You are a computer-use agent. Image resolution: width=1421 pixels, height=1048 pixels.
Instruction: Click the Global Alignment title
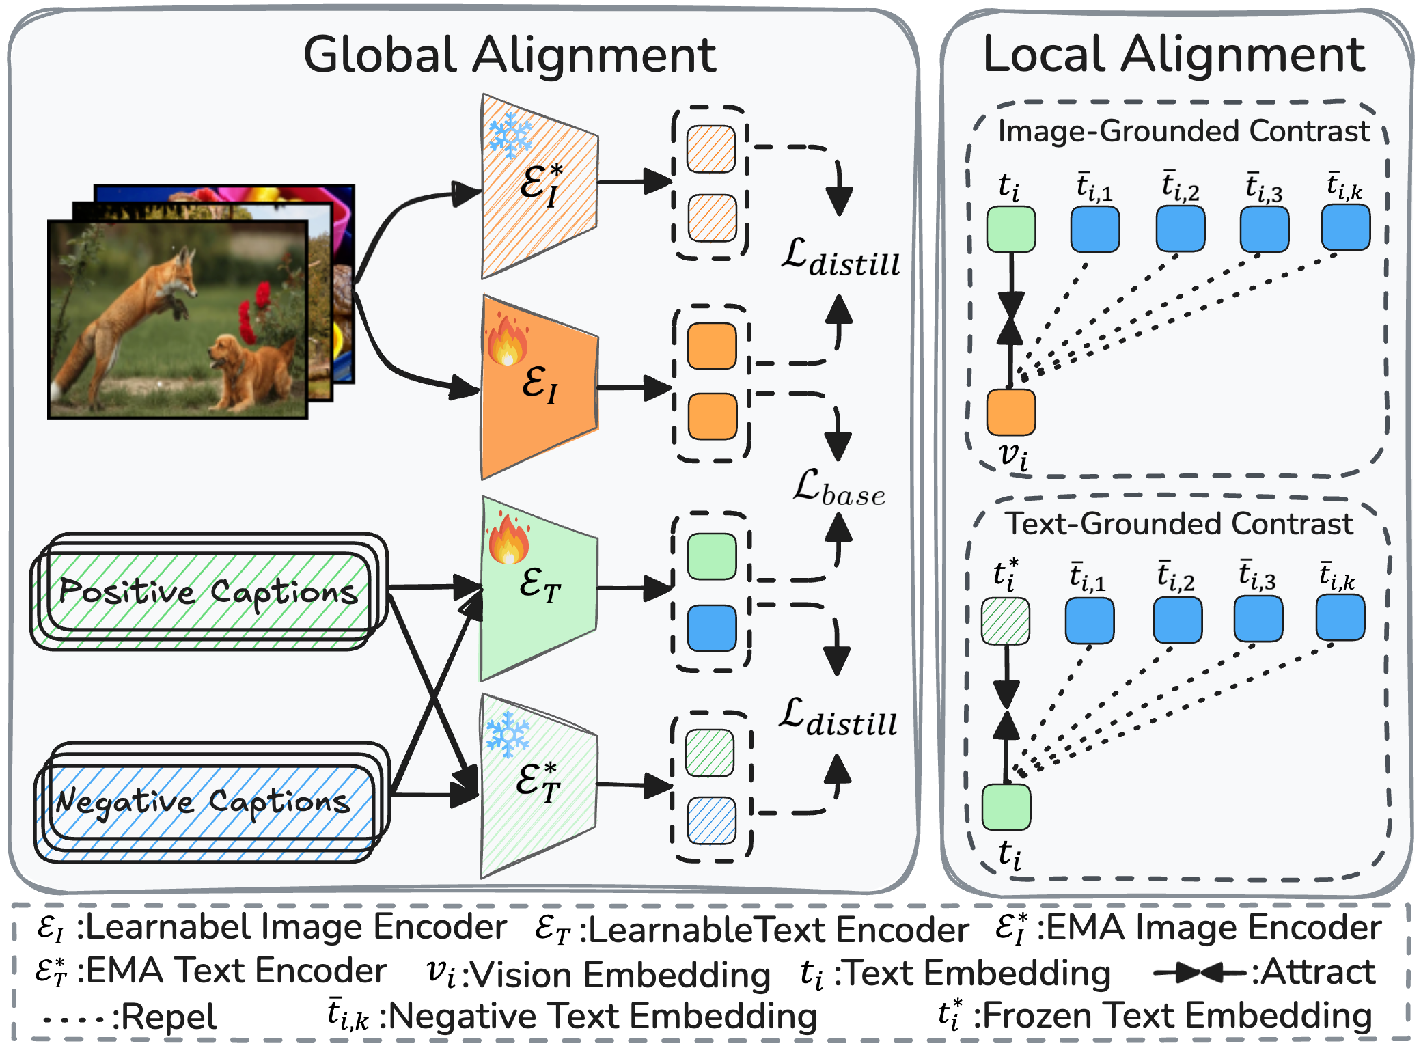click(x=510, y=55)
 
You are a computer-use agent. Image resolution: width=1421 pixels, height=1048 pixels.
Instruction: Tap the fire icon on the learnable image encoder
click(x=508, y=340)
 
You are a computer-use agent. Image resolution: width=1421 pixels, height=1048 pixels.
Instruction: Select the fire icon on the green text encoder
click(x=508, y=538)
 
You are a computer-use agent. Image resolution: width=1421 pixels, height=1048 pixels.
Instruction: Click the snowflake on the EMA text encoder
click(x=508, y=734)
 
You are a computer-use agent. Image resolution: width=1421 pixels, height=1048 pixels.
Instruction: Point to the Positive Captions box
click(x=208, y=592)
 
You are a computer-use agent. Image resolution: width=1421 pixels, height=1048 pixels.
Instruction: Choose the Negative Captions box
click(x=211, y=801)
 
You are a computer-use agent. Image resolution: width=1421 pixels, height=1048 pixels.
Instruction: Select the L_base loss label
click(x=839, y=488)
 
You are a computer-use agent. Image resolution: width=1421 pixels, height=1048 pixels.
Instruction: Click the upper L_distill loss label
click(x=840, y=258)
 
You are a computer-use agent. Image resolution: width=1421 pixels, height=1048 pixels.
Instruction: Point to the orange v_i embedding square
click(x=1011, y=412)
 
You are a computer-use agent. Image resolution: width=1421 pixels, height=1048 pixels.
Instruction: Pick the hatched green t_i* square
click(x=1006, y=621)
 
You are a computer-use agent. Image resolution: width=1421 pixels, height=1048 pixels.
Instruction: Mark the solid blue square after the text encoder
click(x=712, y=629)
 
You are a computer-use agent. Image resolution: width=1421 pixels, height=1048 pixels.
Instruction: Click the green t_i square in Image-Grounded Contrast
click(x=1011, y=229)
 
